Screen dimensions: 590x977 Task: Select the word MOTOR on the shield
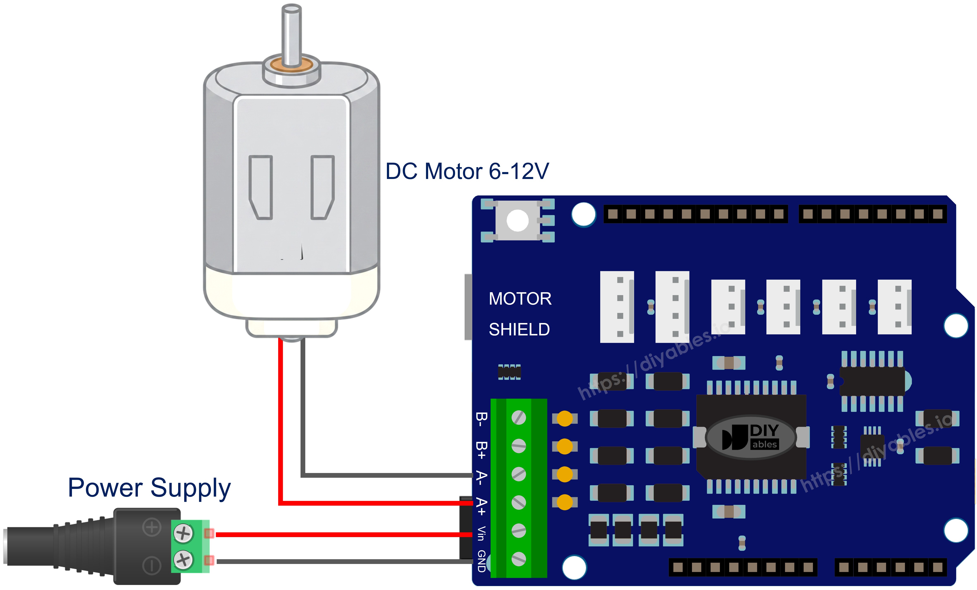pyautogui.click(x=520, y=299)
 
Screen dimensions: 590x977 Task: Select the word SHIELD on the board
pyautogui.click(x=519, y=329)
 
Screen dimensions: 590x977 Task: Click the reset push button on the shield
pyautogui.click(x=518, y=221)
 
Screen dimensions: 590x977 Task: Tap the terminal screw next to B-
pyautogui.click(x=519, y=417)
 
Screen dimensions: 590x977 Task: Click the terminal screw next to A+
pyautogui.click(x=519, y=502)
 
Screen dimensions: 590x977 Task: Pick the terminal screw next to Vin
pyautogui.click(x=519, y=530)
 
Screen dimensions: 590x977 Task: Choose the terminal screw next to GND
pyautogui.click(x=519, y=559)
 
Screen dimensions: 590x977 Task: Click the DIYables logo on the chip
pyautogui.click(x=751, y=437)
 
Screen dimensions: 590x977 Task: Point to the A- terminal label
pyautogui.click(x=481, y=478)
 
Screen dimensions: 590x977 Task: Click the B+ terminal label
pyautogui.click(x=481, y=450)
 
